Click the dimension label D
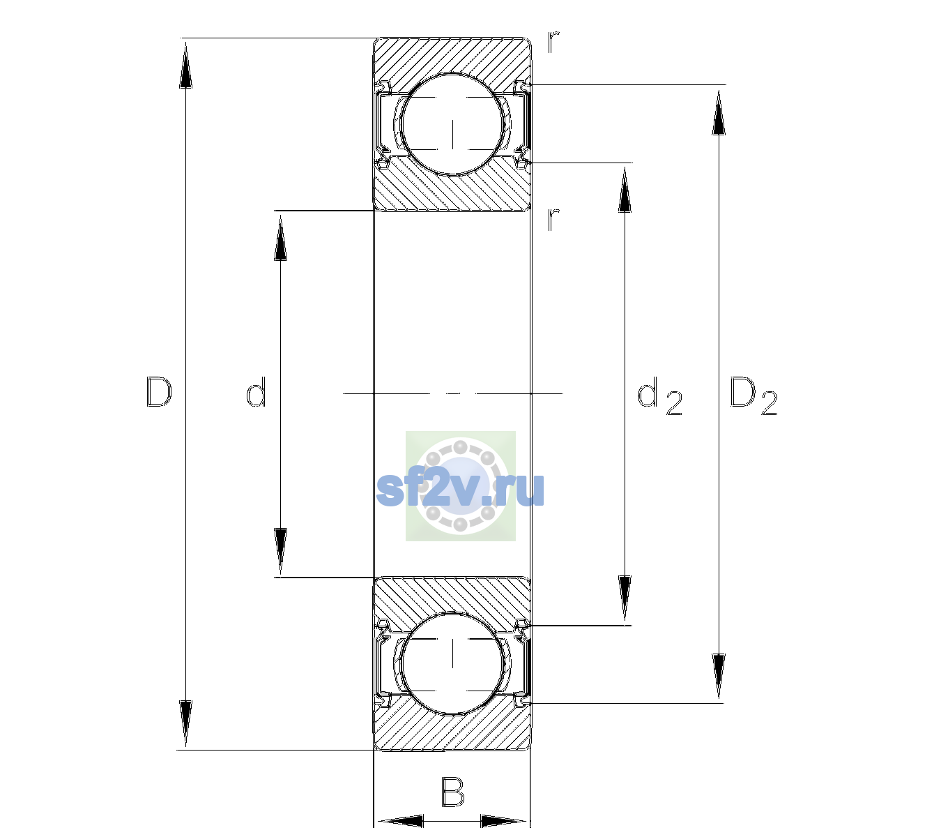[x=160, y=392]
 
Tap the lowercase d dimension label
[x=256, y=392]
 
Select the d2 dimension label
[x=660, y=395]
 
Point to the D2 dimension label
[x=753, y=395]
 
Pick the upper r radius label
[x=553, y=42]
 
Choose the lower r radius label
[x=553, y=219]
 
